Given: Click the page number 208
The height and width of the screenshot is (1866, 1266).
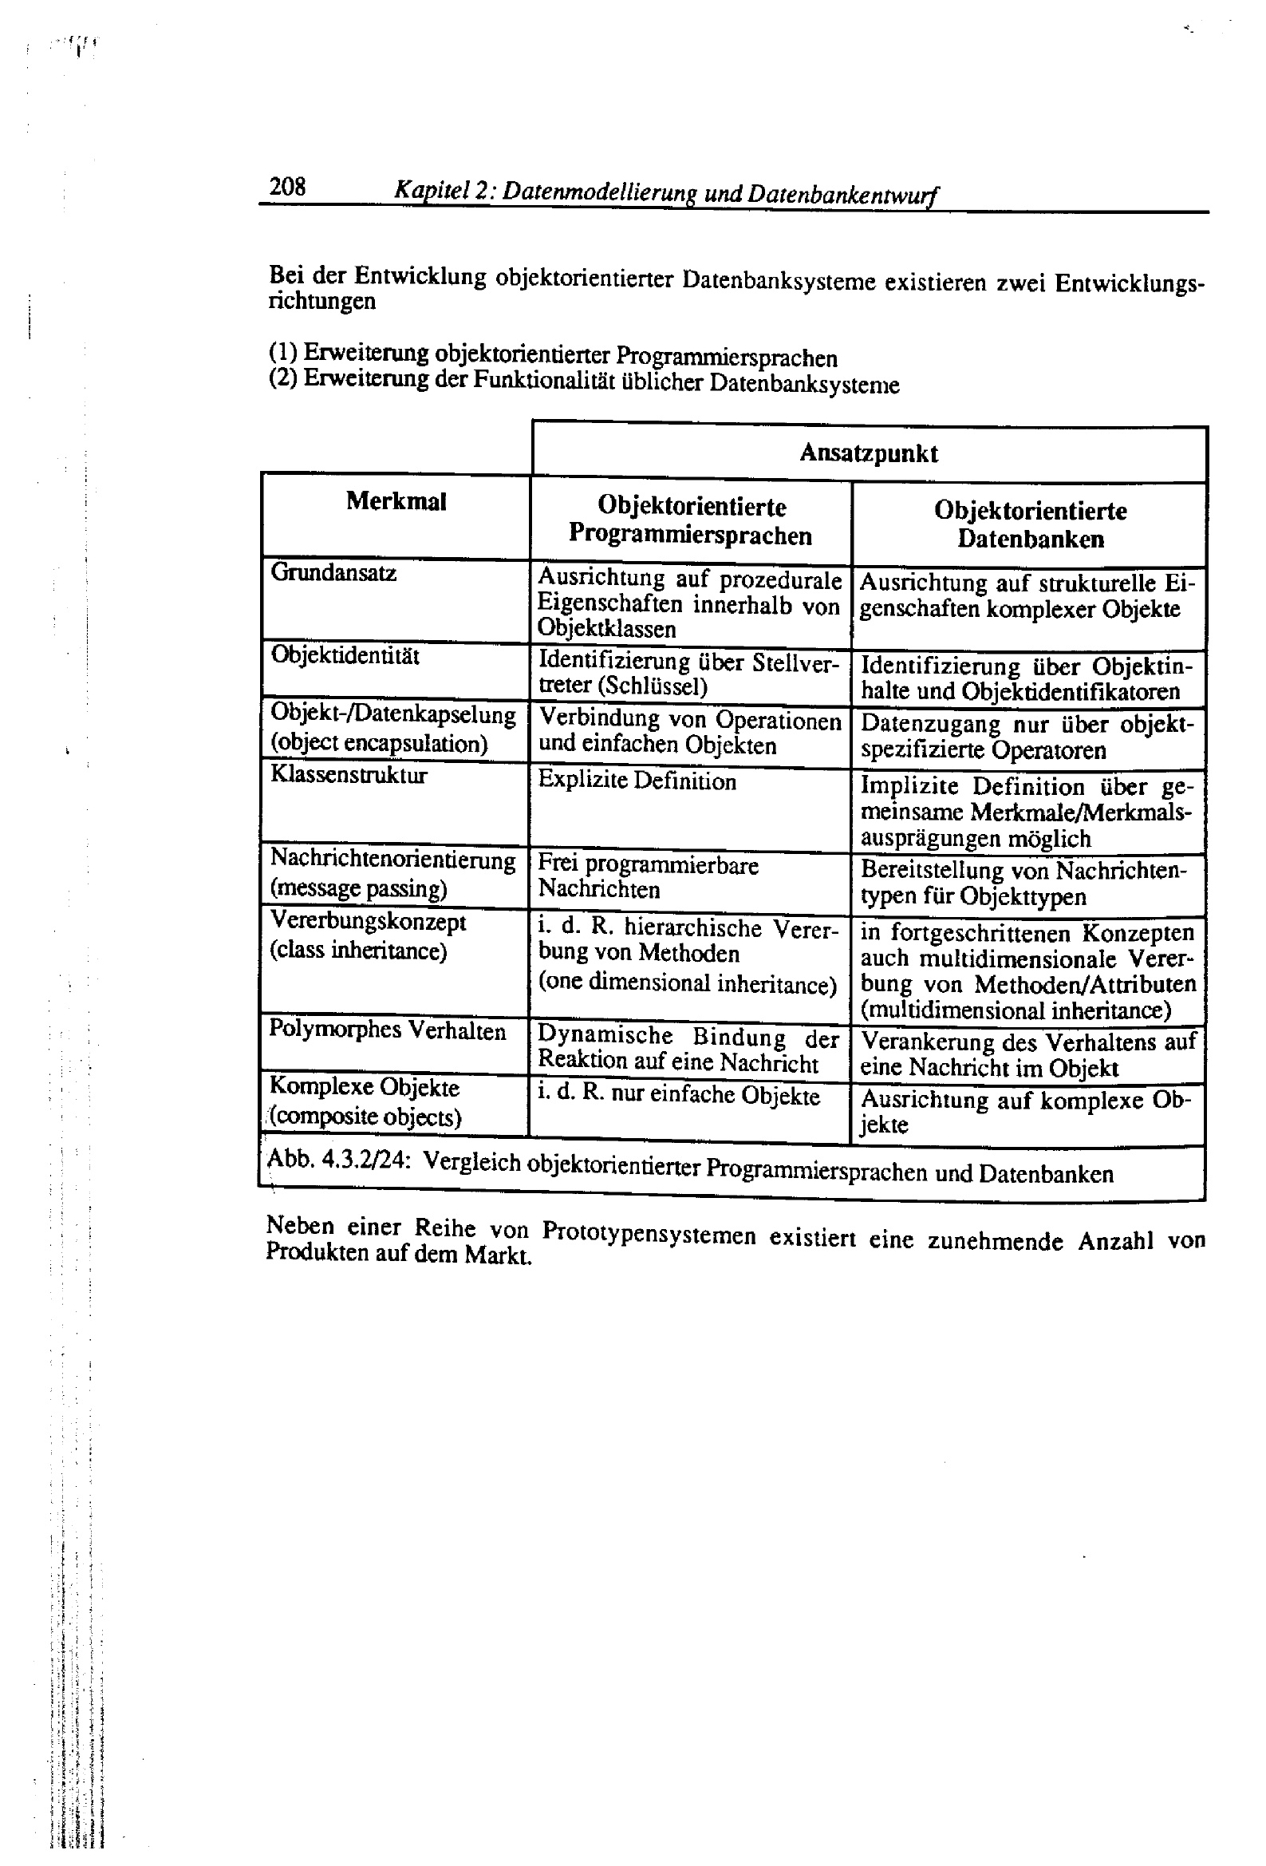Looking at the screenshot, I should point(287,186).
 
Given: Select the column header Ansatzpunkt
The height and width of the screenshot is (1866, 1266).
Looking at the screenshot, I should point(869,453).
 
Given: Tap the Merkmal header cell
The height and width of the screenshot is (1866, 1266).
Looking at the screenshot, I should point(396,502).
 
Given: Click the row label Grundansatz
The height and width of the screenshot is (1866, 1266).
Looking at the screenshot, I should point(334,572).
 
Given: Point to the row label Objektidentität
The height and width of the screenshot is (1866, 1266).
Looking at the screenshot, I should point(345,655).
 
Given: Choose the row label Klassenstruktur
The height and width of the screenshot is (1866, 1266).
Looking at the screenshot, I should point(349,775).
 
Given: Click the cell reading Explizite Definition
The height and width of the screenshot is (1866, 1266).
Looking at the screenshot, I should point(637,781).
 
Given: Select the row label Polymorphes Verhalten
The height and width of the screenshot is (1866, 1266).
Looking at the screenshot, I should point(387,1030).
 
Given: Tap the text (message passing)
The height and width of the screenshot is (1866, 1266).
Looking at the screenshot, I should point(358,889).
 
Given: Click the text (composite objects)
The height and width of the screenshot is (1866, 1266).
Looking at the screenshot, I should point(366,1117).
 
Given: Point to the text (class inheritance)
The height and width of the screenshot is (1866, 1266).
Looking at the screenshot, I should point(358,951).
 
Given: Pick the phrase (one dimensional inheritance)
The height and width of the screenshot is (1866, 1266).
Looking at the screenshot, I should point(687,982).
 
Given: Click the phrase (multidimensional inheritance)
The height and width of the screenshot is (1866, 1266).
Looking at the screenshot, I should point(1016,1010).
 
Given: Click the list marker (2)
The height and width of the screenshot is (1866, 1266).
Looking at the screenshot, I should point(283,378).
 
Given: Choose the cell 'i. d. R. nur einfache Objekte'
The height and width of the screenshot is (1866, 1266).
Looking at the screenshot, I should point(678,1095).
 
